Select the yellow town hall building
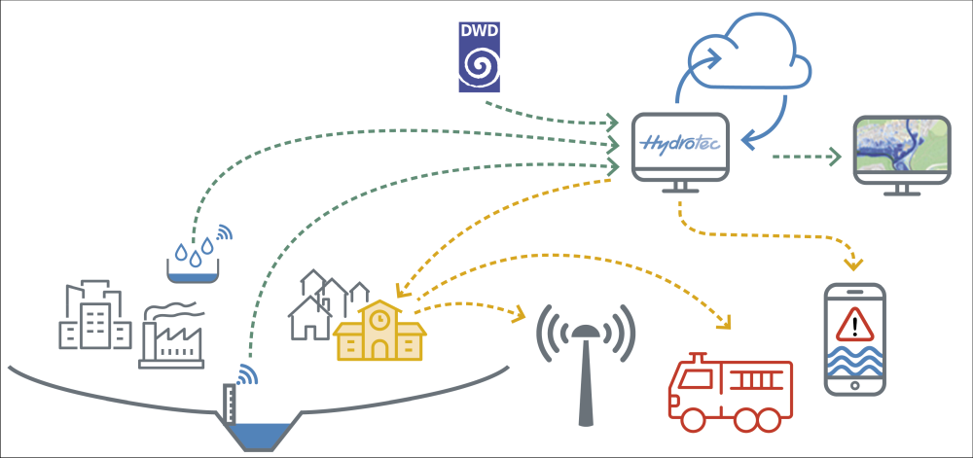pos(379,332)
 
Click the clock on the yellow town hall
pos(380,317)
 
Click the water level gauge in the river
pos(230,405)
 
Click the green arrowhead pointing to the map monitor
pos(835,157)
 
